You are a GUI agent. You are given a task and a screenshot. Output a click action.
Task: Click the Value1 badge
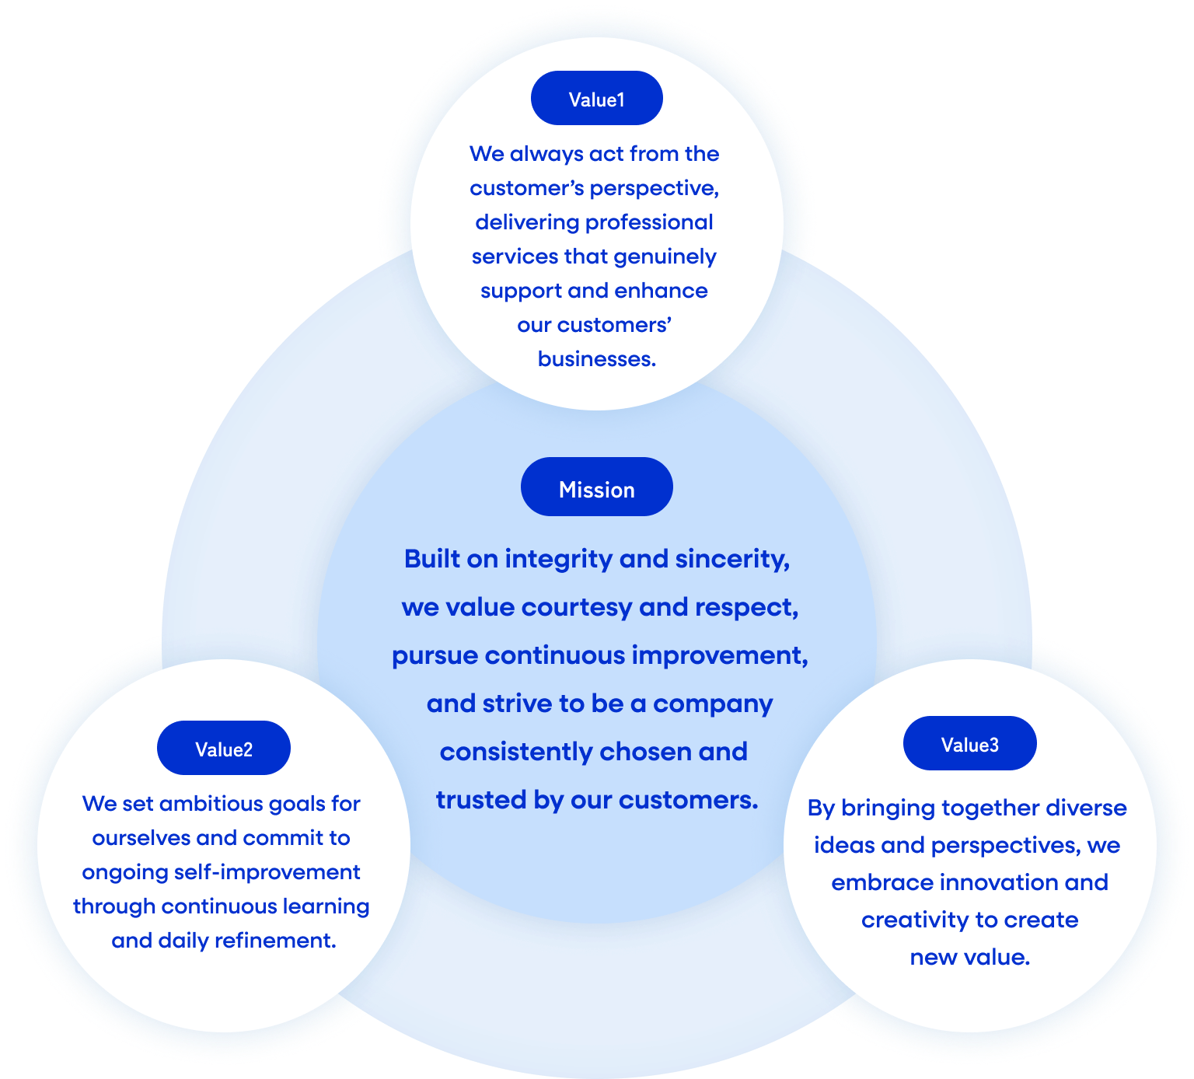(596, 99)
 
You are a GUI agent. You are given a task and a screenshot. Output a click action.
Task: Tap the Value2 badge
(224, 749)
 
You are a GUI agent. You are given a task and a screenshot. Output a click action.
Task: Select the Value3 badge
(969, 744)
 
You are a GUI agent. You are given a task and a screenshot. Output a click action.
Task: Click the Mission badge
(596, 488)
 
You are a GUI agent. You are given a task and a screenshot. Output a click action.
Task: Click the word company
(713, 704)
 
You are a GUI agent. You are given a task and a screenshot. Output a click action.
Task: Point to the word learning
(326, 906)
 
